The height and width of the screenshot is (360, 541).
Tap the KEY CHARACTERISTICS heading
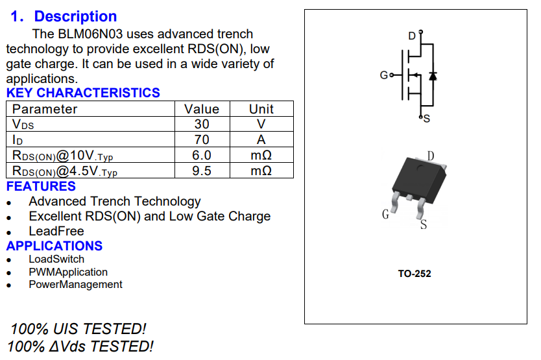pyautogui.click(x=83, y=93)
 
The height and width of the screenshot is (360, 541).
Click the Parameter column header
pyautogui.click(x=45, y=109)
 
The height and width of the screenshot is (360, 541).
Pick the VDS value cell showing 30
pyautogui.click(x=202, y=124)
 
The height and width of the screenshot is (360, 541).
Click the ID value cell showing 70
pyautogui.click(x=202, y=139)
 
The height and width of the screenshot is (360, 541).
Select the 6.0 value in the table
pyautogui.click(x=202, y=155)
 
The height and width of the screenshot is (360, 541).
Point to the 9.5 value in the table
pyautogui.click(x=202, y=171)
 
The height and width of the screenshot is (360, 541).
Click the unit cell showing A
pyautogui.click(x=261, y=139)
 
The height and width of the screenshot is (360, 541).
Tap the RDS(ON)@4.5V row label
pyautogui.click(x=65, y=171)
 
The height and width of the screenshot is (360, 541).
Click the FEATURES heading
pyautogui.click(x=41, y=186)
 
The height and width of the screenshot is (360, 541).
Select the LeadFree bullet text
pyautogui.click(x=56, y=231)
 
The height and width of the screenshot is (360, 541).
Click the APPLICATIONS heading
pyautogui.click(x=54, y=246)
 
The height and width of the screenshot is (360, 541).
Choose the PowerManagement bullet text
pyautogui.click(x=75, y=284)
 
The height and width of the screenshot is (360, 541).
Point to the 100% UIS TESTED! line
pyautogui.click(x=78, y=329)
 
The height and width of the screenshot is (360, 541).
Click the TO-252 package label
pyautogui.click(x=415, y=274)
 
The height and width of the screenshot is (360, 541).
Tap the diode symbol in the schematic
pyautogui.click(x=433, y=76)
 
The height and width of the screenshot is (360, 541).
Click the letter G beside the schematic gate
pyautogui.click(x=383, y=76)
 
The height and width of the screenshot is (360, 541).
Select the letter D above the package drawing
pyautogui.click(x=431, y=155)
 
